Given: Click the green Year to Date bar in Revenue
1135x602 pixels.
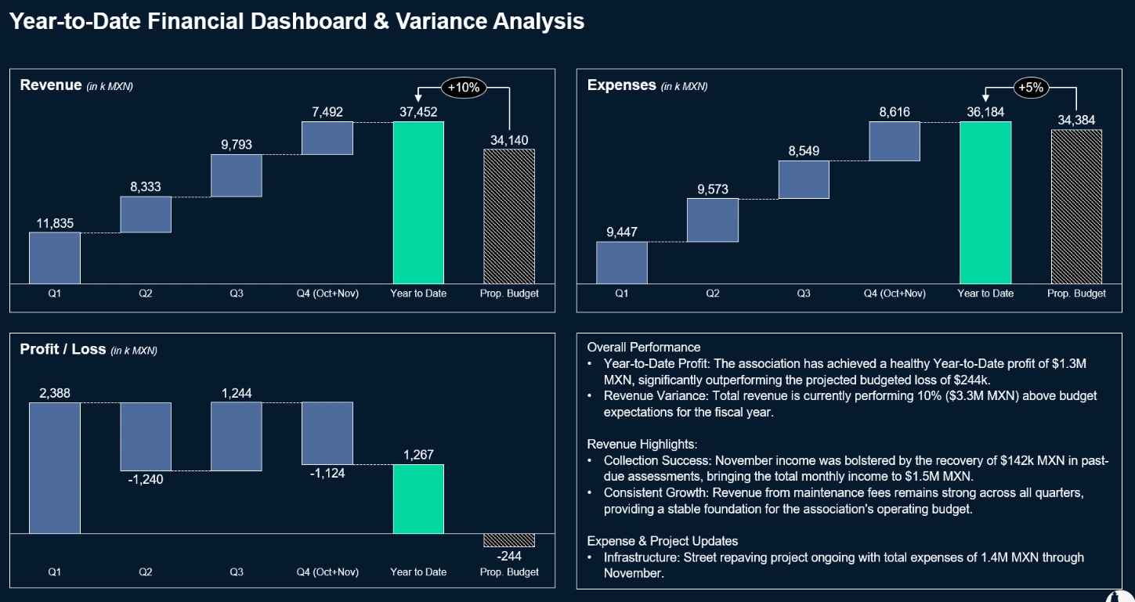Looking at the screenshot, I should point(418,202).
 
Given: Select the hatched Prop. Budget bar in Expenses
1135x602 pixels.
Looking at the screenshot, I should point(1076,206).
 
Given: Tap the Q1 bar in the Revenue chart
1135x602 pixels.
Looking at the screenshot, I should point(55,258).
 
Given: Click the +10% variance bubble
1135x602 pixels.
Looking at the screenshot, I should point(464,88).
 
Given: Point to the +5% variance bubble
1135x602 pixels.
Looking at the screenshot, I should point(1031,88).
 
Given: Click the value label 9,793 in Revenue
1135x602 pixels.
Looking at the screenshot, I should point(237,145).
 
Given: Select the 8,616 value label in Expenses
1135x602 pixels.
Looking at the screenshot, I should point(895,112).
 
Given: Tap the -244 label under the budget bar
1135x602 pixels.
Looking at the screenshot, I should point(509,556).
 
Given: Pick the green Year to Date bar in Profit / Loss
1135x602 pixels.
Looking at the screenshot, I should point(418,499).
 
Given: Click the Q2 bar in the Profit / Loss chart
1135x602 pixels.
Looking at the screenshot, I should point(146,436).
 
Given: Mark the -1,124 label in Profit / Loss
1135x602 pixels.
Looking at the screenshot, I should point(327,473).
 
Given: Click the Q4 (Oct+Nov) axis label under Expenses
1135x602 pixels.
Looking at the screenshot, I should point(895,294).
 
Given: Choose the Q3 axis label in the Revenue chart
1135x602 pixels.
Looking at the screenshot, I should point(237,294).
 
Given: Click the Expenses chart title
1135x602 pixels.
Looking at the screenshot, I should point(621,85).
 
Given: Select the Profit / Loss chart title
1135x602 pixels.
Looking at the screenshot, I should point(63,349).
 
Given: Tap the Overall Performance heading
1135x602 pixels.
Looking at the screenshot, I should point(644,347).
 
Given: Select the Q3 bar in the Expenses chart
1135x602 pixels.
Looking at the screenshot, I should point(804,179).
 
